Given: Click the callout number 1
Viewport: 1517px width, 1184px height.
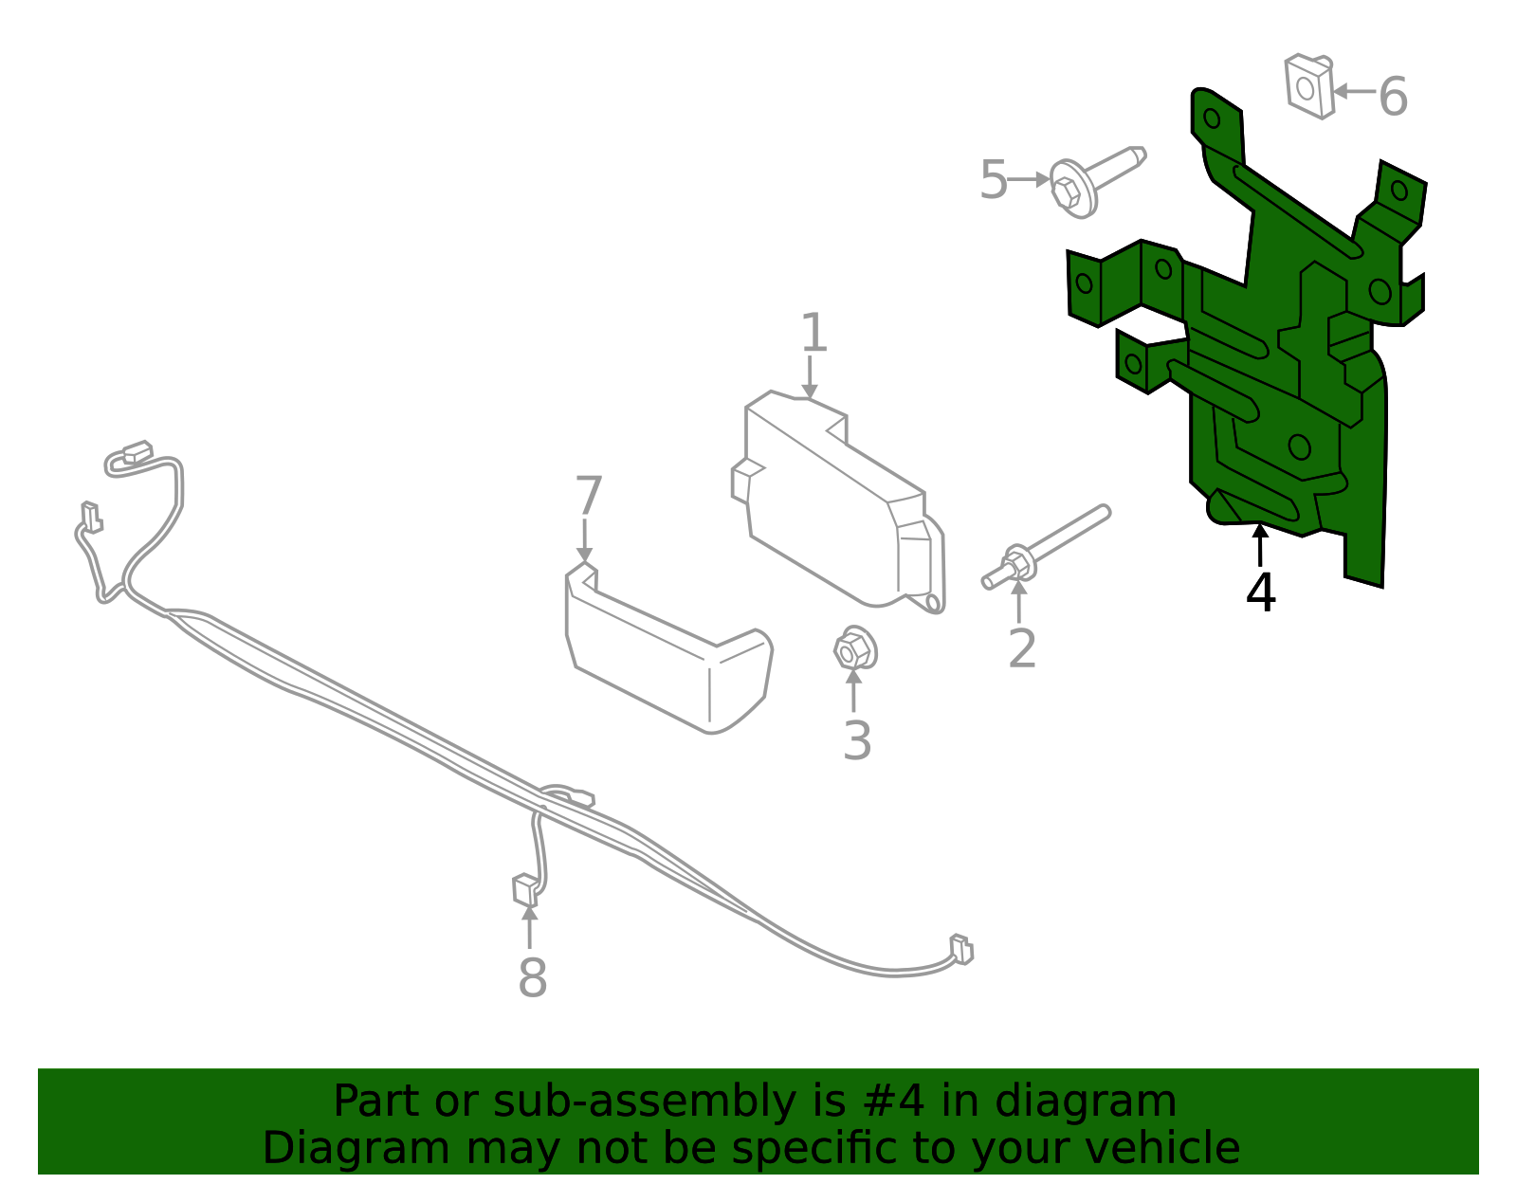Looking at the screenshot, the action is (813, 332).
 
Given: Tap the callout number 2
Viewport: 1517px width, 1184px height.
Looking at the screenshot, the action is (1022, 648).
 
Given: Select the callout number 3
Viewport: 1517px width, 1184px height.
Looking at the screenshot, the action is (857, 740).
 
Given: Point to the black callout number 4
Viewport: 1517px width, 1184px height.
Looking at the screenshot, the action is (1261, 592).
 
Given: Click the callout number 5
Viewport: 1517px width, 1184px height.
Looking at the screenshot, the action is (994, 179).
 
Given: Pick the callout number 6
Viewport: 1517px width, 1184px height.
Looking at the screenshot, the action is (1393, 97).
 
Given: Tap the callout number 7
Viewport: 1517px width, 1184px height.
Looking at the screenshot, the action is (589, 496).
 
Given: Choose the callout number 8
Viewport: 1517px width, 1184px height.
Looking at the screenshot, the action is (533, 977).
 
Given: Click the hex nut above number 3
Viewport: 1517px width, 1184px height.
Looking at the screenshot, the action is (855, 648).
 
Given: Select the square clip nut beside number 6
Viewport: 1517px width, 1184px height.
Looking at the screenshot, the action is (1309, 86).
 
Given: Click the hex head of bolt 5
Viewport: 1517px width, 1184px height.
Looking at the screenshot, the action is (1067, 191).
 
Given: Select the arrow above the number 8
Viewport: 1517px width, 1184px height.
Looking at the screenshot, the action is (530, 927).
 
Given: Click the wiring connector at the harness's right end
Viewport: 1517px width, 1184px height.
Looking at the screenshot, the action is (962, 950).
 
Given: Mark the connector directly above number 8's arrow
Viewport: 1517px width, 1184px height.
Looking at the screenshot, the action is (525, 889).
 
